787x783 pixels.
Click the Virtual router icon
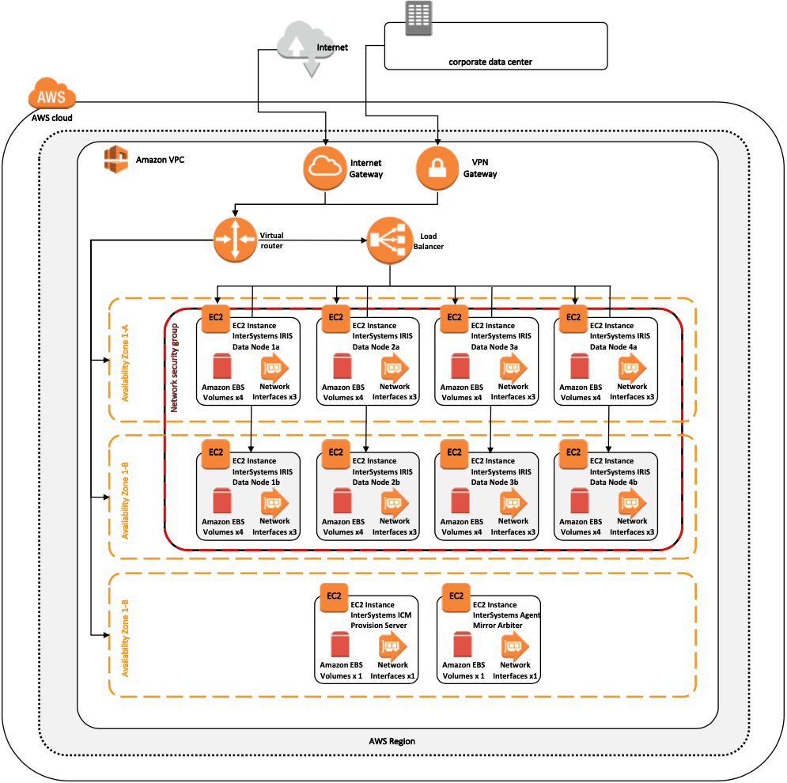click(235, 240)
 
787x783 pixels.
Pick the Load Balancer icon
click(389, 240)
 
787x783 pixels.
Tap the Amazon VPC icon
click(116, 158)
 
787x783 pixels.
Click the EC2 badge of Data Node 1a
click(216, 318)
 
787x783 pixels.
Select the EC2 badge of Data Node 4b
click(573, 452)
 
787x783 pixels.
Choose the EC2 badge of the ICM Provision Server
click(335, 596)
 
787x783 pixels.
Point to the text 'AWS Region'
click(392, 741)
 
